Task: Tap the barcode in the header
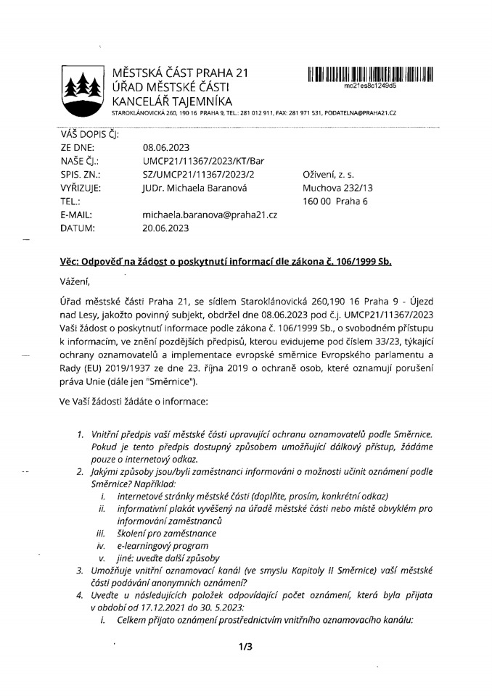370,73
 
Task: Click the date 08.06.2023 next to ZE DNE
166,146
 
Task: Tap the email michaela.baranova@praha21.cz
211,215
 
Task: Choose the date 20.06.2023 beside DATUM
166,229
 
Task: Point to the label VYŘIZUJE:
81,188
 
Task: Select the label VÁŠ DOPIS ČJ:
91,133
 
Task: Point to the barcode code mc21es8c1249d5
370,85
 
